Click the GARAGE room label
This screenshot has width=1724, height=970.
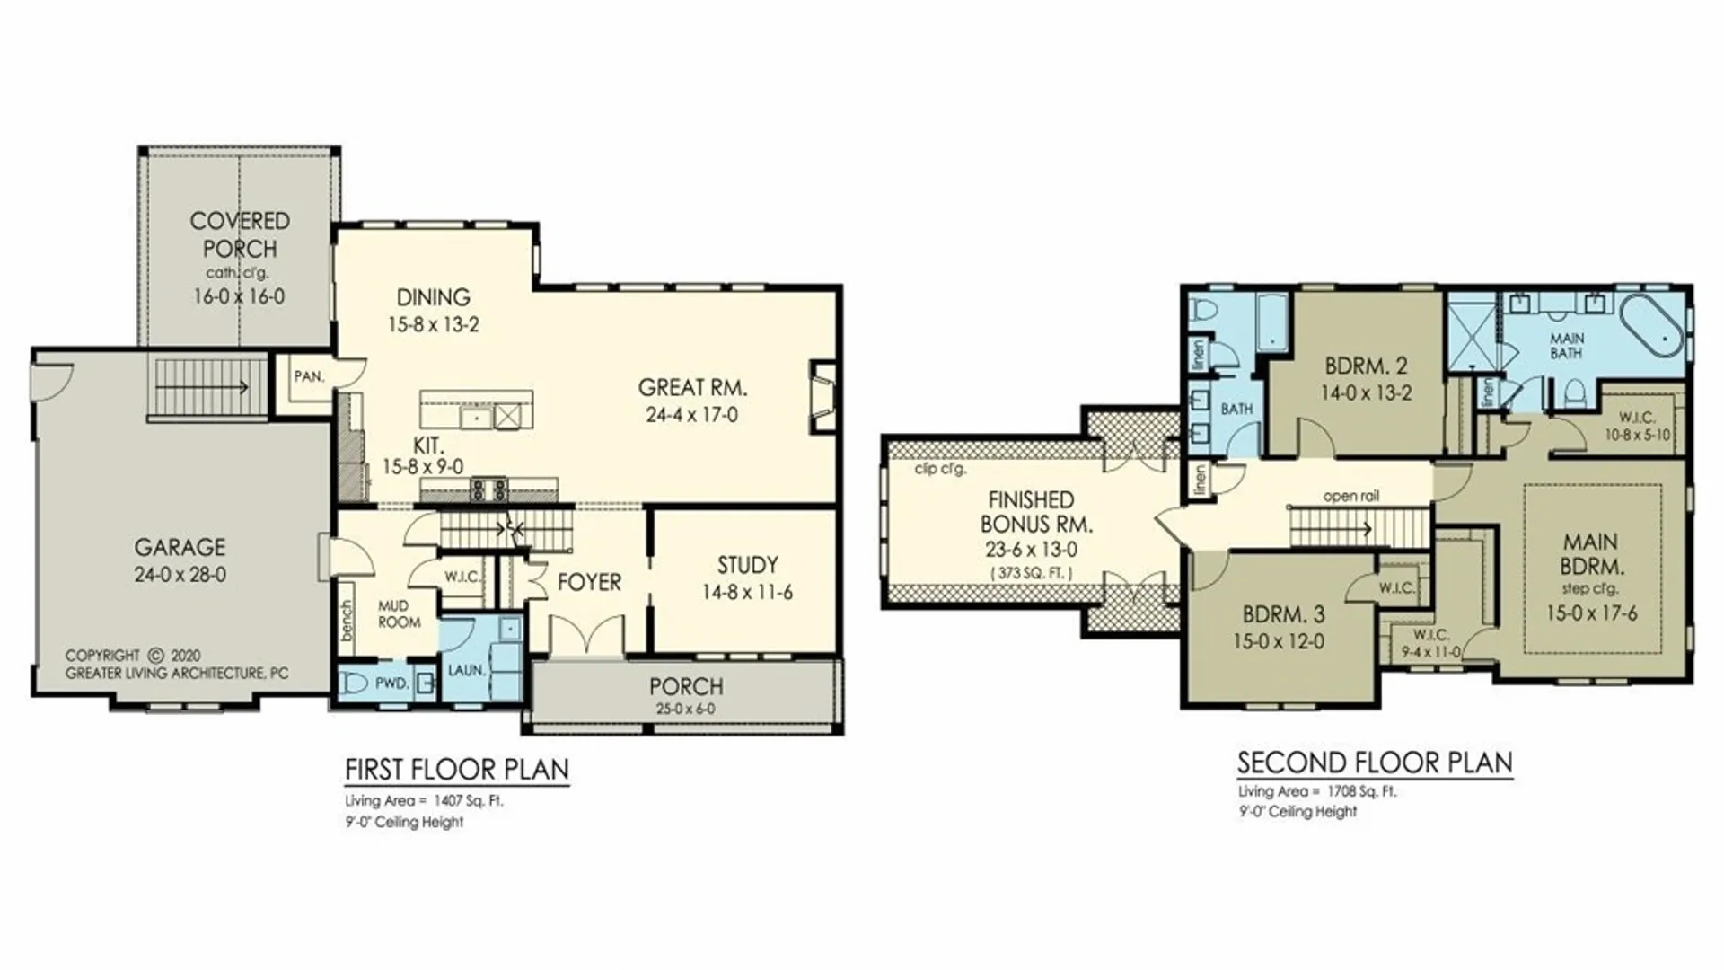click(x=180, y=547)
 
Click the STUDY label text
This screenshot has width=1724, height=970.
click(x=747, y=565)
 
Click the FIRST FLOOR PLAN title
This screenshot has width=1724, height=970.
click(x=456, y=770)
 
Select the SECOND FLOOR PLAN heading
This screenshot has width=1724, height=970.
click(x=1374, y=763)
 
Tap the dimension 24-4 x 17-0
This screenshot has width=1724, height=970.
click(x=691, y=415)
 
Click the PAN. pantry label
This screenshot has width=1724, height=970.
click(x=308, y=376)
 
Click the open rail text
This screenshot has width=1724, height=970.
click(x=1350, y=496)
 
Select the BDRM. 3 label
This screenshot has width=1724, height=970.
click(x=1283, y=615)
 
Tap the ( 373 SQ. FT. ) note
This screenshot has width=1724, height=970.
click(x=1031, y=572)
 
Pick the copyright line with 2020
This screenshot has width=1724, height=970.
click(x=133, y=656)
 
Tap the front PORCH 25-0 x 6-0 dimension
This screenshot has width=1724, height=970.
click(x=685, y=709)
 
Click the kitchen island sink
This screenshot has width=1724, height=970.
click(x=472, y=417)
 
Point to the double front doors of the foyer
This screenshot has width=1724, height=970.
click(x=586, y=636)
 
